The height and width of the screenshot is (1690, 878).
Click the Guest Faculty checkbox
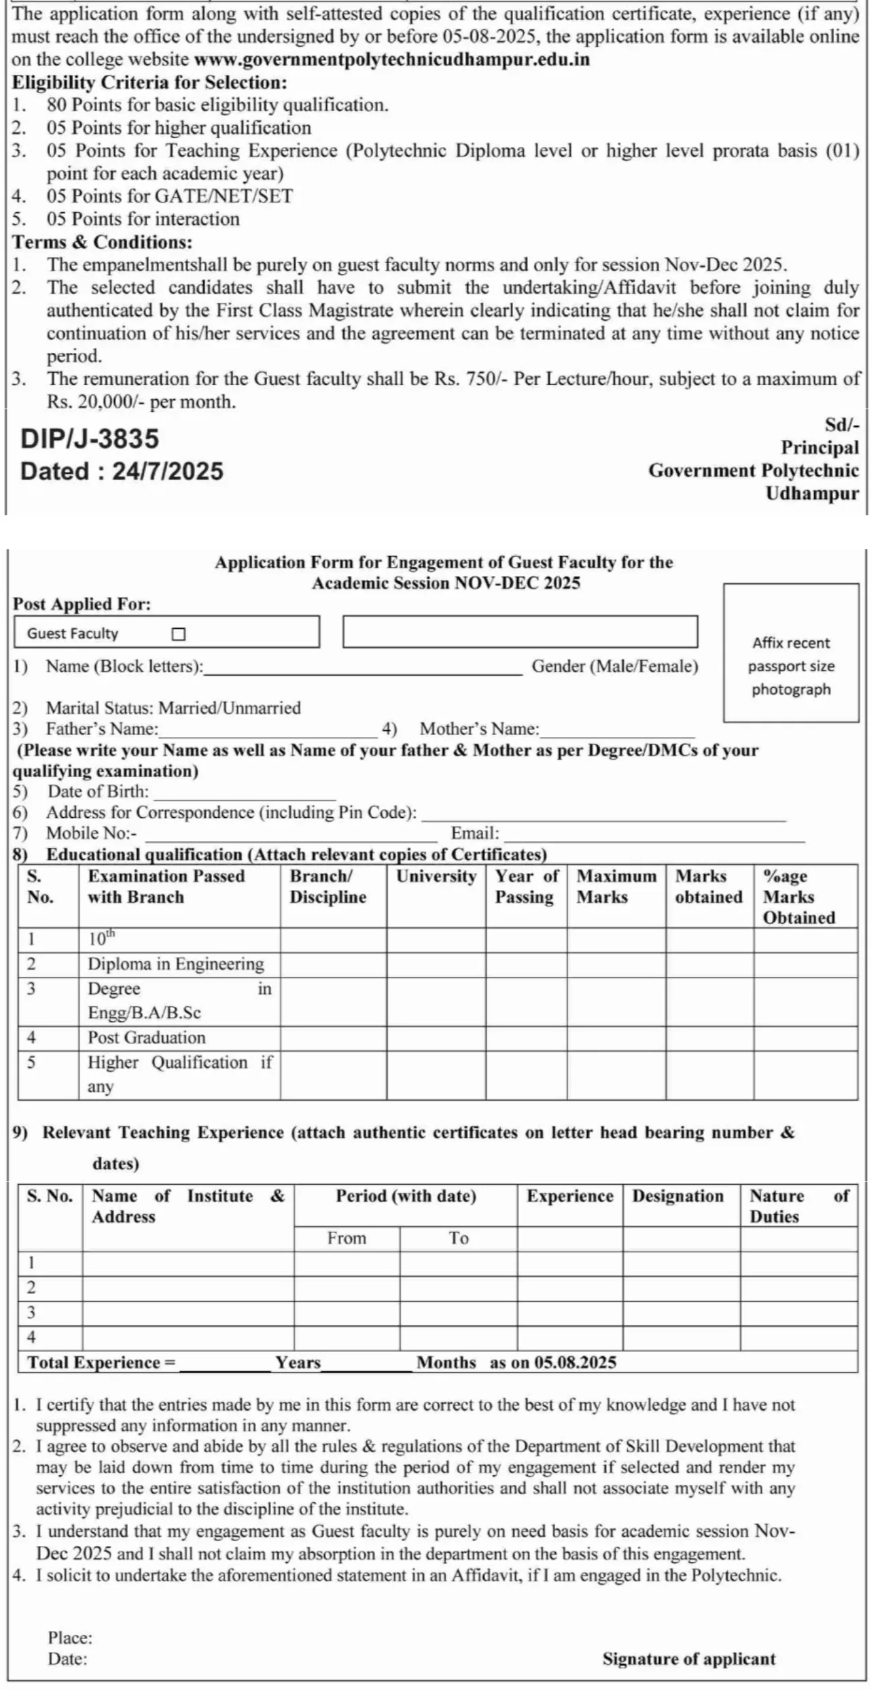(x=179, y=634)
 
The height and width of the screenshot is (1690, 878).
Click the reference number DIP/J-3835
(x=90, y=439)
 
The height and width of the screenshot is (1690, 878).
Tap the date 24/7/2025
(x=168, y=472)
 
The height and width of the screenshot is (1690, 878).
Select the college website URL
(x=391, y=60)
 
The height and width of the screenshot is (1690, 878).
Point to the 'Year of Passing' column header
(x=526, y=886)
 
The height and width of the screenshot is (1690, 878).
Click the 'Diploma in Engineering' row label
(x=175, y=965)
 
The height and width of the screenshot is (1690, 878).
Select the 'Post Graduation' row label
(x=146, y=1038)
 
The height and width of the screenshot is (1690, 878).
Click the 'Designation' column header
(x=678, y=1196)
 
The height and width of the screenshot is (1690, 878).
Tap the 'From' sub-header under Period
(x=347, y=1238)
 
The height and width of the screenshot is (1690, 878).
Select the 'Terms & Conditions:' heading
(x=103, y=242)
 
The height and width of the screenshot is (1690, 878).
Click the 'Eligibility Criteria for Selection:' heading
(x=150, y=83)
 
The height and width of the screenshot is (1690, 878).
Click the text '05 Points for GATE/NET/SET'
(x=169, y=196)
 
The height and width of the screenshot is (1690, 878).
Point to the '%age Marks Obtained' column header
(x=798, y=897)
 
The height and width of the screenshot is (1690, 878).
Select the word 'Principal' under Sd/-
(x=820, y=448)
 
